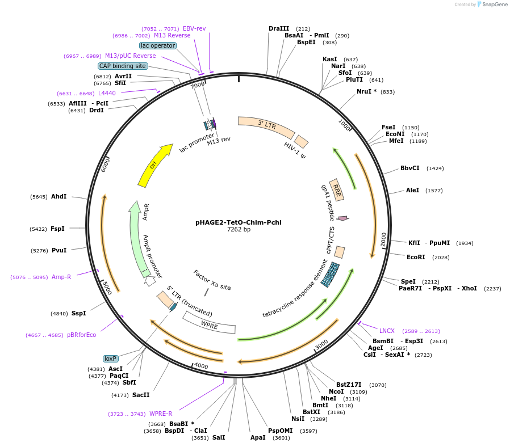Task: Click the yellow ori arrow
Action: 154,165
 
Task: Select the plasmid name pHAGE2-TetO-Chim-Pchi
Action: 239,222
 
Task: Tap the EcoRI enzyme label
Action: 416,257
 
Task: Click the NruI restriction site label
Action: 366,91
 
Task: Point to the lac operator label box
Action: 158,45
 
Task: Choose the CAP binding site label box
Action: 123,66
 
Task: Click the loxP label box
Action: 110,359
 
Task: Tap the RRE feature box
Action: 337,190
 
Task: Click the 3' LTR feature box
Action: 266,126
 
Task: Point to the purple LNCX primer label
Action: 387,331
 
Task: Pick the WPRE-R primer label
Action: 161,414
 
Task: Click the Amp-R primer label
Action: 61,277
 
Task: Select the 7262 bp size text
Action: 239,230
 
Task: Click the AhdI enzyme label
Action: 58,196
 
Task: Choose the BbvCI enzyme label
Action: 410,168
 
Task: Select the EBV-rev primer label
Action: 194,28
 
